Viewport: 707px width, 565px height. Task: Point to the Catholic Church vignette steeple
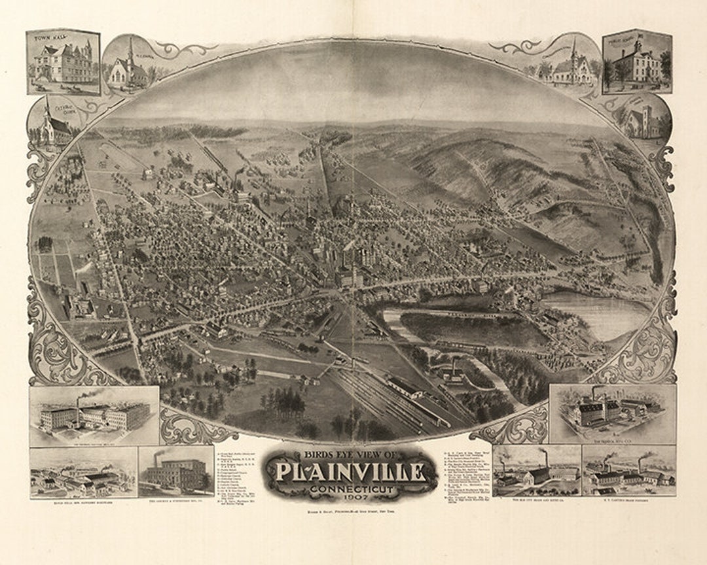click(x=47, y=109)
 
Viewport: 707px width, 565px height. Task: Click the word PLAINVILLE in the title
click(x=351, y=472)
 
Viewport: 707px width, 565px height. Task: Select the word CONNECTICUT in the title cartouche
click(x=351, y=488)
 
